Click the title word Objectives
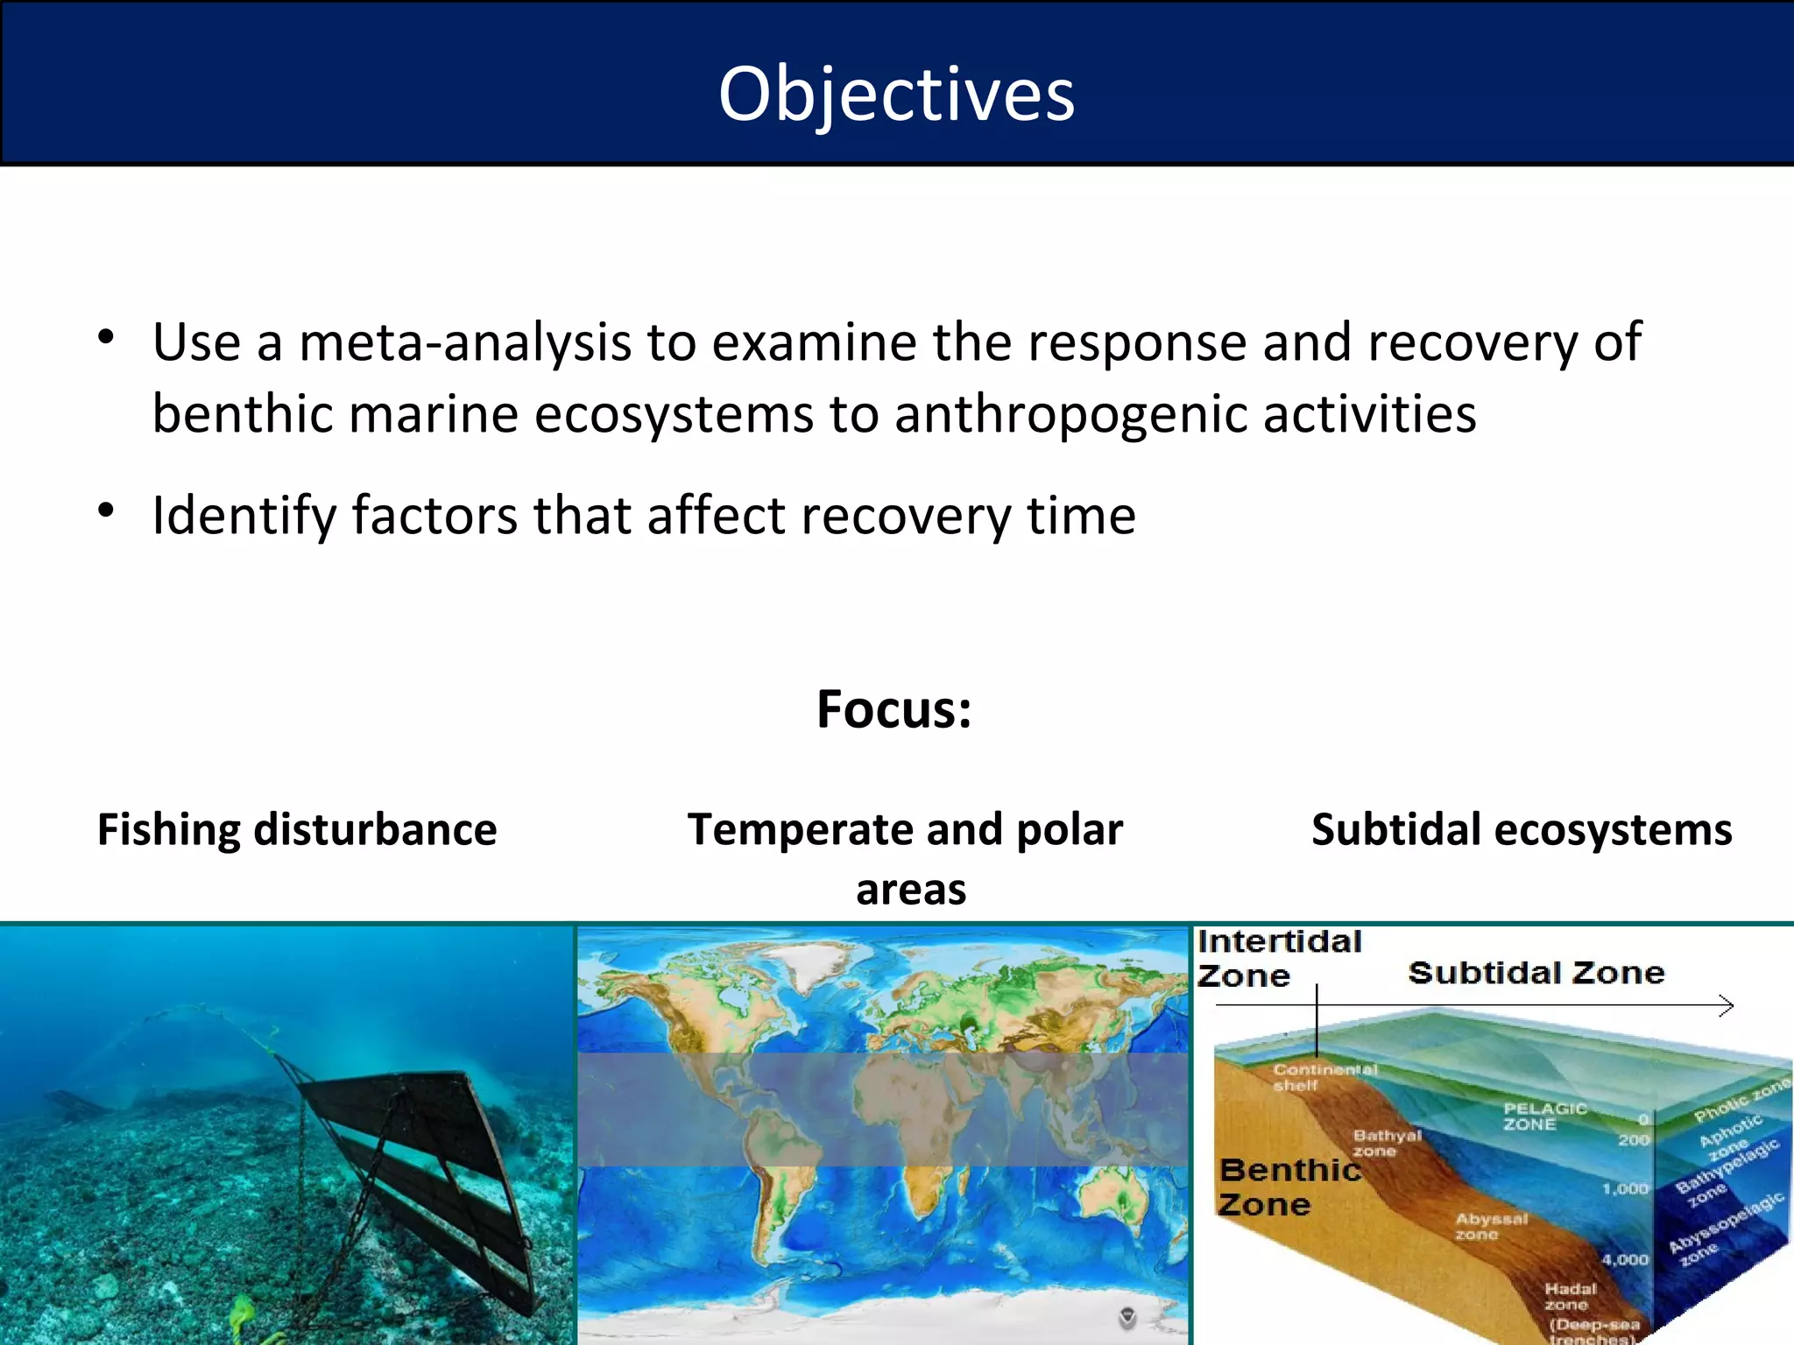[896, 95]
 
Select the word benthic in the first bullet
[242, 414]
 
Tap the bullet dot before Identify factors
[107, 511]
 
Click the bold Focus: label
[894, 709]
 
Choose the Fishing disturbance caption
[297, 830]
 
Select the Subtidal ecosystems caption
[1522, 830]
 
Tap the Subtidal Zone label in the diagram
[1536, 973]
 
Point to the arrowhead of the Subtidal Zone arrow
[1727, 1006]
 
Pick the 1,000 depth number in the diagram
[1625, 1189]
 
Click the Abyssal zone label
[1490, 1226]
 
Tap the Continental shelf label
[1324, 1077]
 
